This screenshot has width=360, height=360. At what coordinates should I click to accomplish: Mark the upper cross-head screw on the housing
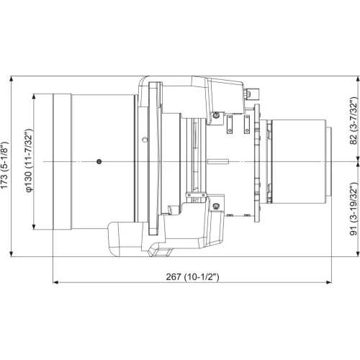click(x=215, y=113)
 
